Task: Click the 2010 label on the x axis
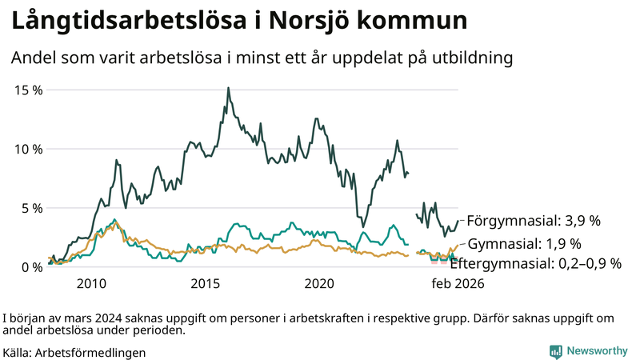[91, 284]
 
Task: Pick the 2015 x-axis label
[206, 284]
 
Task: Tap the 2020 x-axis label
[320, 284]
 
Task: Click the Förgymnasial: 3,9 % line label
[533, 220]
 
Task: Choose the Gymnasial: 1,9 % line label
[524, 244]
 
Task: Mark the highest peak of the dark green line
[228, 88]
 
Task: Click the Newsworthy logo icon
[555, 351]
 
